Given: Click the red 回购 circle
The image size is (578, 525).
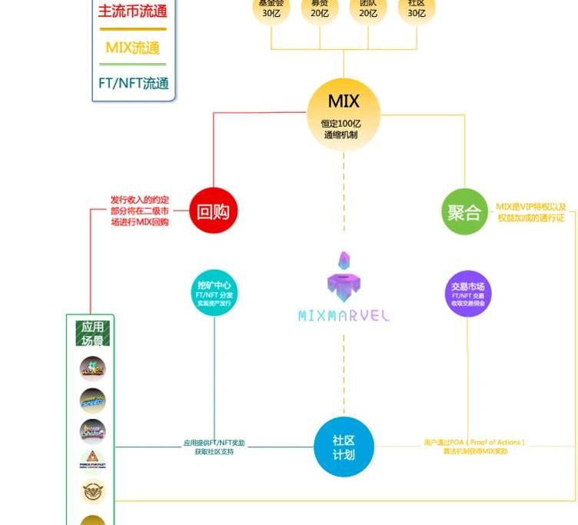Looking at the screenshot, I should (213, 211).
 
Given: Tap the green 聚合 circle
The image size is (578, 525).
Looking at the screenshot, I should (465, 211).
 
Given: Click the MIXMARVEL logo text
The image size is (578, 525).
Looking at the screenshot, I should (344, 315).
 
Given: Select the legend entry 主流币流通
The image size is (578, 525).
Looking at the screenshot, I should (133, 12).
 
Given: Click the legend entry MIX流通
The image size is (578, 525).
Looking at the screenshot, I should (133, 48).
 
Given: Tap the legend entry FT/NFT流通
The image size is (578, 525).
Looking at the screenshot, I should (133, 83).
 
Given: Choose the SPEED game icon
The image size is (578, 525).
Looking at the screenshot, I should (92, 400).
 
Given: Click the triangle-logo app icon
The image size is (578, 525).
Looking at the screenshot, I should (92, 460).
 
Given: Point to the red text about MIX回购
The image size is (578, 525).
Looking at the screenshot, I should (139, 211).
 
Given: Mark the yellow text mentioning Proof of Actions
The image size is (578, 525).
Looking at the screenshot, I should (475, 447).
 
